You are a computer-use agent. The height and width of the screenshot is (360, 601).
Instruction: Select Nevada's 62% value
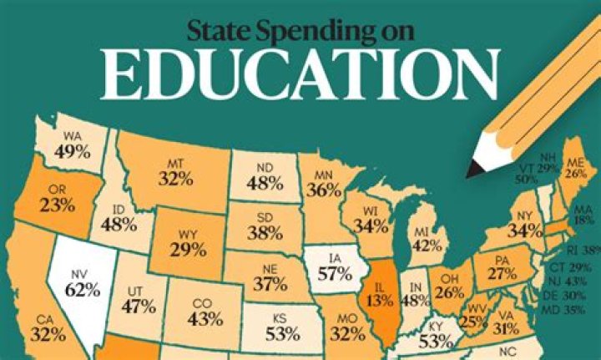pos(83,292)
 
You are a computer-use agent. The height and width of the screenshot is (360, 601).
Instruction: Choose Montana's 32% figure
pos(176,178)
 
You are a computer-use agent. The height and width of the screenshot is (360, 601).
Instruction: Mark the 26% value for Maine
pos(574,174)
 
